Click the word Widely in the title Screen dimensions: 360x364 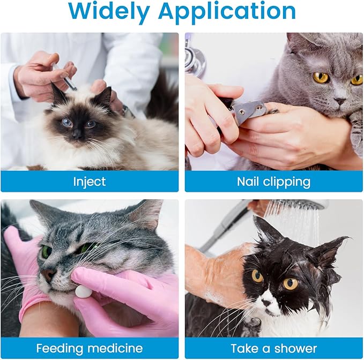tap(108, 11)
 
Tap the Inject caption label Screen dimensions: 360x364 tap(89, 182)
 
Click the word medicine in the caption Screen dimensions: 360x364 tap(116, 348)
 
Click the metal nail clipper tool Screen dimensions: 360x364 tap(250, 110)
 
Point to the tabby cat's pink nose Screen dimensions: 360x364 tap(48, 274)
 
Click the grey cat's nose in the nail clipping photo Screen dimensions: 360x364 tap(339, 100)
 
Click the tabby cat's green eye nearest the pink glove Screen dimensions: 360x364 tap(47, 251)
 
